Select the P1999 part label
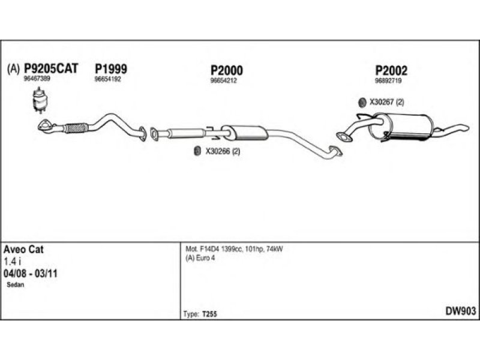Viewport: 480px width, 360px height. (110, 69)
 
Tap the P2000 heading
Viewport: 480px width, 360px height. (226, 70)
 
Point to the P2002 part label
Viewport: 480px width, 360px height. (391, 71)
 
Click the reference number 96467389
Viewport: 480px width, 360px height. (37, 79)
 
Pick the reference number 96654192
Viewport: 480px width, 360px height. (107, 79)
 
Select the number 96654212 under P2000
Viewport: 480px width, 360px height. (223, 80)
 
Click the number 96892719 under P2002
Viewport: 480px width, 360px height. (388, 80)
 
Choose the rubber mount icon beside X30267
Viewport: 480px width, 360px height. (362, 102)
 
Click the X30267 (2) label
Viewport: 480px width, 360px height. (387, 102)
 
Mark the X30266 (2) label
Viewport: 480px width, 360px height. (223, 152)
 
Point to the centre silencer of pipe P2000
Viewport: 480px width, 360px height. (244, 131)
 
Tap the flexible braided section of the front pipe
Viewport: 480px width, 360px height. (76, 127)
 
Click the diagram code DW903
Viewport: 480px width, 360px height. (460, 310)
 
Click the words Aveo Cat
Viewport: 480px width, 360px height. (24, 248)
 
